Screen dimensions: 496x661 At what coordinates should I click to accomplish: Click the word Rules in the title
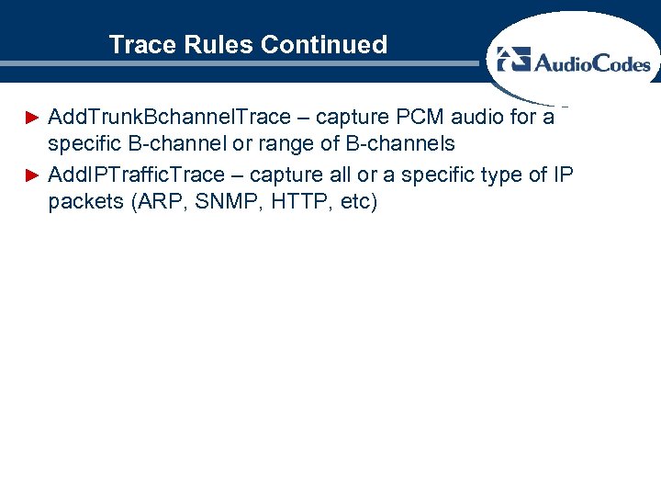click(x=211, y=44)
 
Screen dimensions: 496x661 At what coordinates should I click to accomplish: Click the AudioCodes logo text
click(x=592, y=62)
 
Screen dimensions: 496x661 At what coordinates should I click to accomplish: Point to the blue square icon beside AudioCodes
click(x=514, y=60)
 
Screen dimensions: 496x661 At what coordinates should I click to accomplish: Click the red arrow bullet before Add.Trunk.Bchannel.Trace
click(x=32, y=118)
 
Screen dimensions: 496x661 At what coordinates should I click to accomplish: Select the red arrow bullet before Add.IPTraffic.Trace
click(x=32, y=175)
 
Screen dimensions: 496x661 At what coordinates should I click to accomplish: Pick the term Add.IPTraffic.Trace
click(x=136, y=175)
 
